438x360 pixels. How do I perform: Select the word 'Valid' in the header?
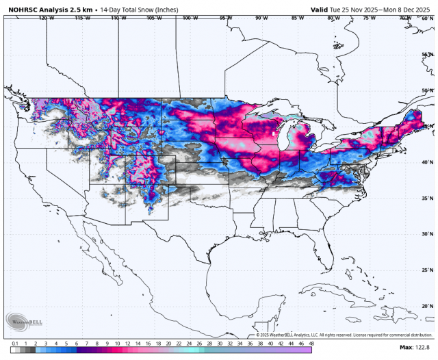[320, 10]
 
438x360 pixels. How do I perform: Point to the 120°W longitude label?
[47, 18]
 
